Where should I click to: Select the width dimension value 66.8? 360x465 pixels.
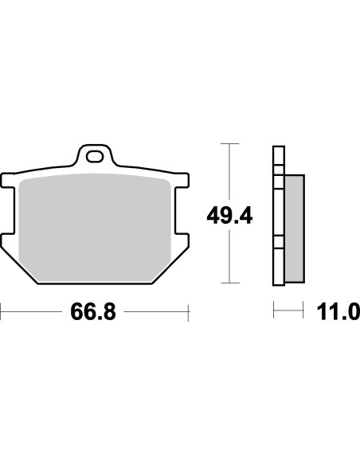(x=93, y=311)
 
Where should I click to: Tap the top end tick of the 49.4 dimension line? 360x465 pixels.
(x=229, y=143)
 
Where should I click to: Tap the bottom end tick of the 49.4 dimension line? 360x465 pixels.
(x=229, y=283)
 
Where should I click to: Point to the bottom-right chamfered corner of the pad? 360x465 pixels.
(x=170, y=266)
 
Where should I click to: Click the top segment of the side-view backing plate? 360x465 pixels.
(x=277, y=155)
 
